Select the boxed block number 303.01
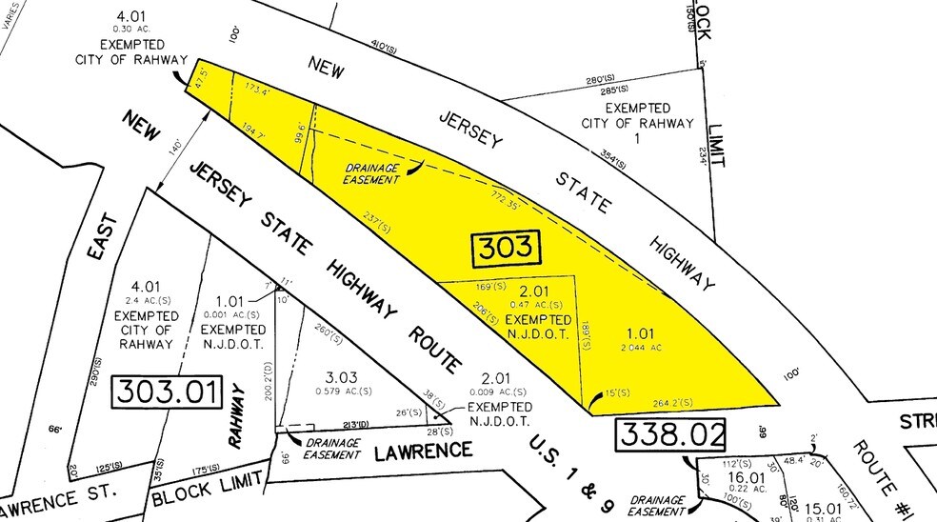point(167,391)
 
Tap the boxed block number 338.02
point(670,434)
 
